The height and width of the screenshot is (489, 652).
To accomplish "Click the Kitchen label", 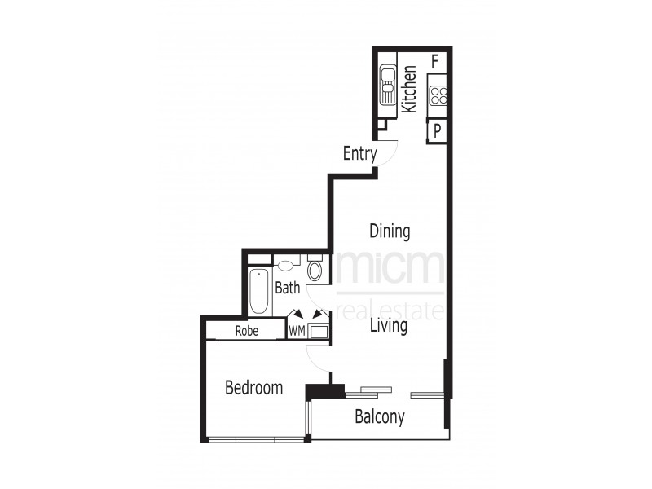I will tap(410, 88).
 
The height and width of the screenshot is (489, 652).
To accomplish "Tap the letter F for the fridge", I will tap(435, 60).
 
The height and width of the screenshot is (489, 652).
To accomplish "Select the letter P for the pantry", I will tap(438, 130).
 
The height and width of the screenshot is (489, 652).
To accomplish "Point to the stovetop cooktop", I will tap(438, 96).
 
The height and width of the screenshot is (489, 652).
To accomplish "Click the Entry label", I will tap(359, 152).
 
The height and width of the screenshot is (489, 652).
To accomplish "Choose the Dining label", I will tap(390, 231).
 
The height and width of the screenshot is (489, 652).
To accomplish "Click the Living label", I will tap(388, 326).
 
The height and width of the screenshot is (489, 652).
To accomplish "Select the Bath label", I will tap(287, 287).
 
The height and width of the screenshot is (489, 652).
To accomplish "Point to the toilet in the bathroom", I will tap(315, 270).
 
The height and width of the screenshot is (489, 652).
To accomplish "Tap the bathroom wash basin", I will tap(284, 264).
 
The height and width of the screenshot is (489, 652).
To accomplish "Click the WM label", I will tap(297, 331).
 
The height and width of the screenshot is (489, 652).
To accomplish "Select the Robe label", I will tap(247, 331).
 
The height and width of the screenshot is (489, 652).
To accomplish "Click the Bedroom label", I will tap(253, 388).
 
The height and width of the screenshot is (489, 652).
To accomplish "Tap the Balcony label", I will tap(380, 417).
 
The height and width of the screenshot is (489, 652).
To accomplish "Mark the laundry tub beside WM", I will tap(319, 331).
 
